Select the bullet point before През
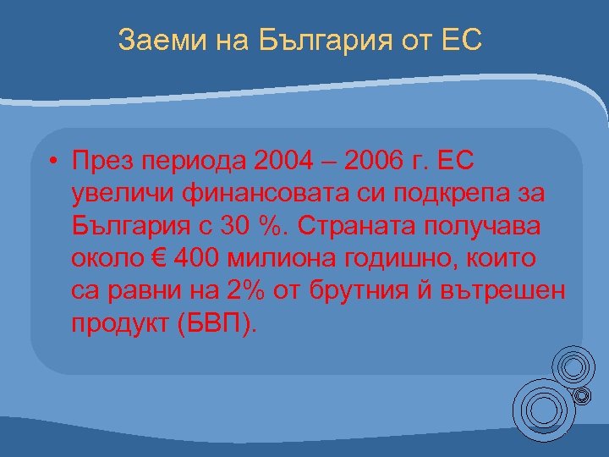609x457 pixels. (53, 159)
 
